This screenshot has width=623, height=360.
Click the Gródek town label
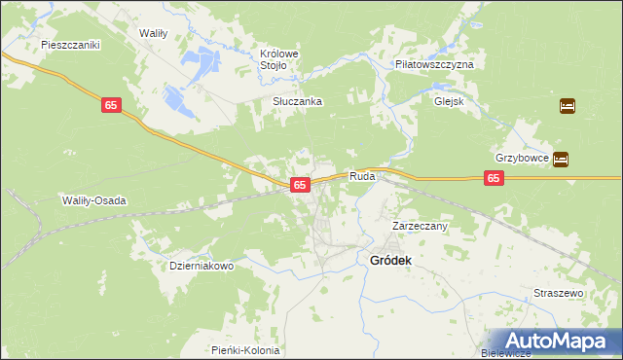click(391, 261)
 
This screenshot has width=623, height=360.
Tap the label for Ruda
click(363, 178)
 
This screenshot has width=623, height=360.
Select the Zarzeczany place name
click(420, 226)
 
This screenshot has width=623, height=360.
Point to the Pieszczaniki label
click(71, 45)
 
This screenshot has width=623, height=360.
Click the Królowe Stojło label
click(277, 59)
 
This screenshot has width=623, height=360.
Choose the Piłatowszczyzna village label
click(434, 63)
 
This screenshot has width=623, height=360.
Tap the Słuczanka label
click(297, 101)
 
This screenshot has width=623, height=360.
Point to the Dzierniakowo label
click(202, 266)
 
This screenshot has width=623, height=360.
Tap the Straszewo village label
click(558, 293)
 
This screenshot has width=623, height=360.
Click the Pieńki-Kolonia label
click(245, 350)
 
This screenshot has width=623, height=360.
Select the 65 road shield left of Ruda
click(300, 184)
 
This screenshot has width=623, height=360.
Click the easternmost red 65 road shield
click(495, 178)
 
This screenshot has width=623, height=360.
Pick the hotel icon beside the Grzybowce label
click(561, 159)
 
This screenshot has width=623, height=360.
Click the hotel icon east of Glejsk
click(568, 105)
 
